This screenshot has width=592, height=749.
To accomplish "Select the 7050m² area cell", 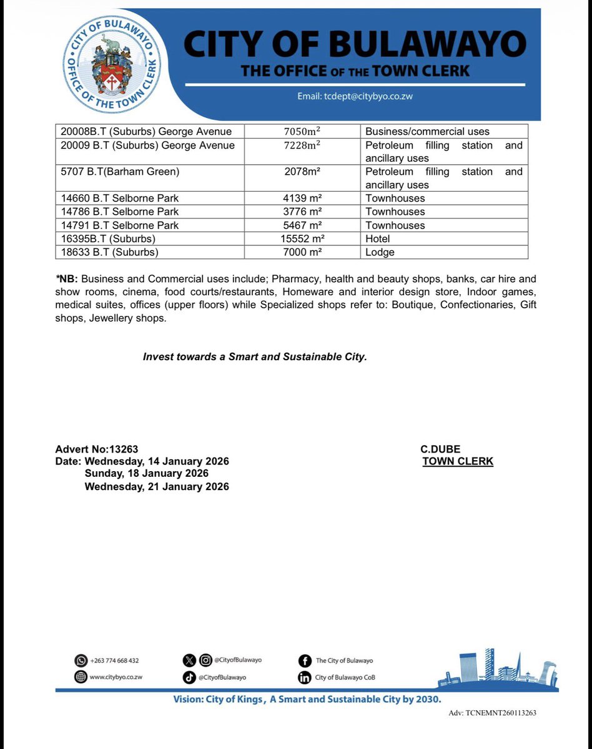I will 302,132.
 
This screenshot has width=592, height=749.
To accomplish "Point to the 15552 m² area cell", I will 302,239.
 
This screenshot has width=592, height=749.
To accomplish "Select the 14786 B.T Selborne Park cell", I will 120,212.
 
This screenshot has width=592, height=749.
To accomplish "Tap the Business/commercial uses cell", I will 427,132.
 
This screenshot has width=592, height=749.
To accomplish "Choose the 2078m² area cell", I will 302,172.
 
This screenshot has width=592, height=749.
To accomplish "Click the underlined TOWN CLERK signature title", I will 458,462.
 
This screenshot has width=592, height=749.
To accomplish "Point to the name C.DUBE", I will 440,449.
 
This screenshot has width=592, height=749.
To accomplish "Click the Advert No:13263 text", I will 97,449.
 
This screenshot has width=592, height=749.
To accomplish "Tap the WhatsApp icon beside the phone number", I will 81,660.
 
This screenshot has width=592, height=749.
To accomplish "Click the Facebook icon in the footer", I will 305,660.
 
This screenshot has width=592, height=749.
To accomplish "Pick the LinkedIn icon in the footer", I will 305,677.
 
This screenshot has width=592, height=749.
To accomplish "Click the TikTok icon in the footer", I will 189,677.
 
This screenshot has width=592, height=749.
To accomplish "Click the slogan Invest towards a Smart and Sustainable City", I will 255,357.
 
